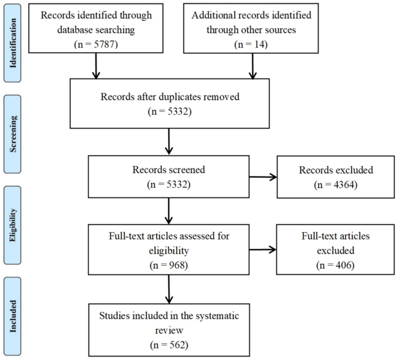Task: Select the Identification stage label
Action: click(13, 43)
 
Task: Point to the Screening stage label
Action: click(13, 134)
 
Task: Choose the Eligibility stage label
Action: click(13, 225)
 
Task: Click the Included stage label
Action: click(13, 316)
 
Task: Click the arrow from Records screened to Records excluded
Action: click(263, 177)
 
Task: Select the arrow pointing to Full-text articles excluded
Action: click(262, 250)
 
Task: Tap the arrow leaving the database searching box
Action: click(96, 66)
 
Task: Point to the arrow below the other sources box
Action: click(253, 66)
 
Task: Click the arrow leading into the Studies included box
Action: click(169, 289)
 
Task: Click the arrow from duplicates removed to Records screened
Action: click(169, 141)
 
